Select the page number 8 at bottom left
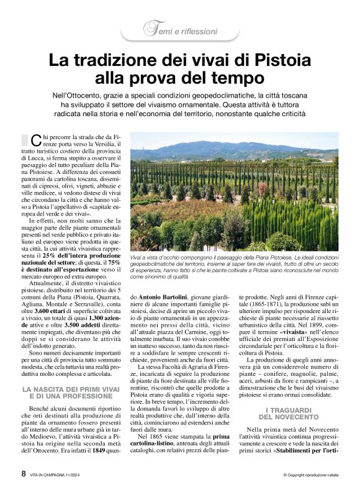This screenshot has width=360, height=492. pyautogui.click(x=24, y=473)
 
